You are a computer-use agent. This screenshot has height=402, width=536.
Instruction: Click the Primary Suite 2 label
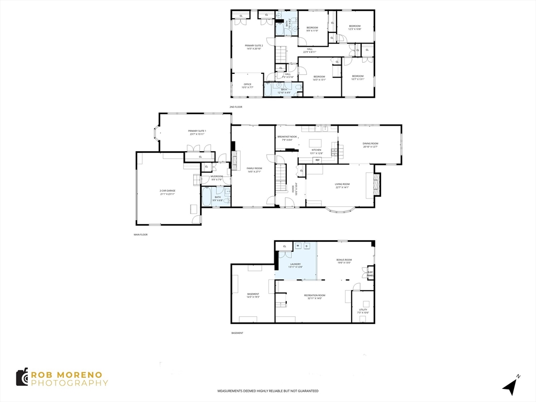click(254, 46)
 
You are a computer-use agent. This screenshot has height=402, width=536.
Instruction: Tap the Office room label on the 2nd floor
click(248, 84)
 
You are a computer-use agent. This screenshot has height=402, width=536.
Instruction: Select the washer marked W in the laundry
click(298, 245)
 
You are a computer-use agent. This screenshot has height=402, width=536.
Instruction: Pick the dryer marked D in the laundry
click(307, 245)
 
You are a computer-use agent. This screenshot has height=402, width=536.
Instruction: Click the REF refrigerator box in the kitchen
click(317, 160)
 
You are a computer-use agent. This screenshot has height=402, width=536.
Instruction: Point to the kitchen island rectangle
click(316, 143)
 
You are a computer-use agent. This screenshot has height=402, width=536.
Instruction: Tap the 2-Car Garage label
click(167, 191)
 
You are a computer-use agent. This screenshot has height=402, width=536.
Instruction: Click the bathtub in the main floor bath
click(206, 197)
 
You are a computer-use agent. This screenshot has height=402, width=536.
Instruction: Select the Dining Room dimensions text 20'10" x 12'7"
click(370, 147)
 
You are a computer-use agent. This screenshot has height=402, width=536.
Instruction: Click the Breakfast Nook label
click(287, 137)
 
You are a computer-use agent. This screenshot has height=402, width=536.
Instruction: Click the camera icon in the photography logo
click(21, 377)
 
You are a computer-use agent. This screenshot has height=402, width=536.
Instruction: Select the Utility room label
click(363, 309)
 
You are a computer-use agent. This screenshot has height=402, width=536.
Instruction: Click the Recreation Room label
click(315, 295)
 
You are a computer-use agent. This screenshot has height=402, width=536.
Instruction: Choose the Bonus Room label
click(344, 260)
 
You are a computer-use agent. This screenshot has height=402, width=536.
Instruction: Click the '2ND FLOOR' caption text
click(236, 107)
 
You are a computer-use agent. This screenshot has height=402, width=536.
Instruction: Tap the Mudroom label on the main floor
click(217, 176)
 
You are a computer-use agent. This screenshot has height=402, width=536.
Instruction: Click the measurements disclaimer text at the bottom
click(268, 391)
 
